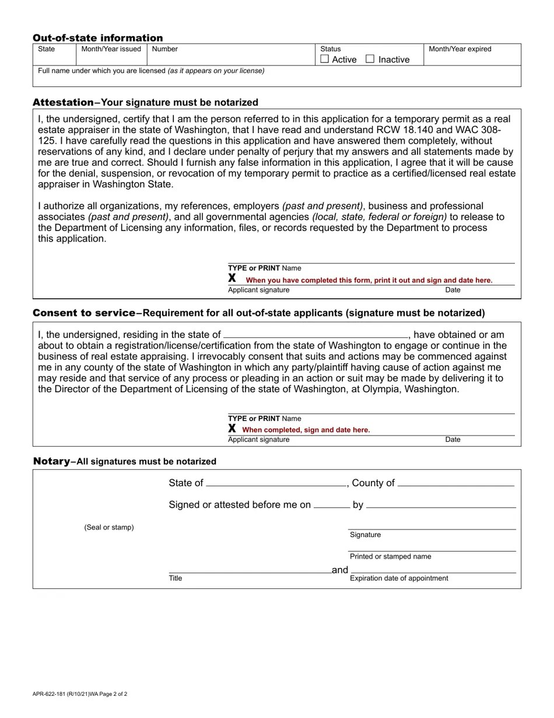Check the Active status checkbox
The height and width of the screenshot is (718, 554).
click(325, 59)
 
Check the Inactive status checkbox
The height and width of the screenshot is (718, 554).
click(370, 59)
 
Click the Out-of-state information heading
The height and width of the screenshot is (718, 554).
click(97, 38)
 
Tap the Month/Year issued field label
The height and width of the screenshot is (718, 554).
click(111, 49)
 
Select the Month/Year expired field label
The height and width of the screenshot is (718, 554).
click(460, 49)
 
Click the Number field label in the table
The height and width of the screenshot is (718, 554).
click(164, 49)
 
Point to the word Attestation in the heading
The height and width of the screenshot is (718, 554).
click(63, 102)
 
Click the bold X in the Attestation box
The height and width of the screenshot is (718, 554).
click(232, 278)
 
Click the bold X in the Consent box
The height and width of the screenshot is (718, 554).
click(232, 428)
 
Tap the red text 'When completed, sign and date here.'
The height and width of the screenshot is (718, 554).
click(306, 430)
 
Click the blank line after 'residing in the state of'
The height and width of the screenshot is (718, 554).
click(315, 335)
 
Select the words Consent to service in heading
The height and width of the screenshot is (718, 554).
click(84, 313)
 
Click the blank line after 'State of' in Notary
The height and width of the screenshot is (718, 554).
click(276, 483)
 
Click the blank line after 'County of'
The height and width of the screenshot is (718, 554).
click(455, 483)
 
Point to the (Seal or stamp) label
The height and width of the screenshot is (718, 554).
click(109, 527)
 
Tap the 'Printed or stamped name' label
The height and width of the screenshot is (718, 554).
click(390, 556)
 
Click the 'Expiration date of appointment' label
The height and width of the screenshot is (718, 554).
click(399, 578)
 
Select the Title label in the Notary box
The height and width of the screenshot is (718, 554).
click(176, 578)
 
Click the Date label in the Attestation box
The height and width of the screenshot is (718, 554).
click(453, 290)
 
